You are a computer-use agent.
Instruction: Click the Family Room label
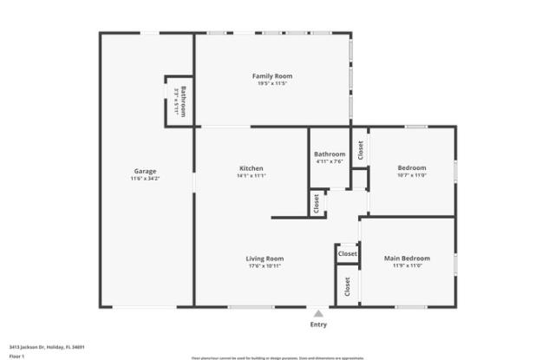click(x=271, y=75)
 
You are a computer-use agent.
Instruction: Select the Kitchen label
click(x=251, y=168)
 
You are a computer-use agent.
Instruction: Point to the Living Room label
click(x=264, y=259)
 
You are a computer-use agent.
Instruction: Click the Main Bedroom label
click(x=407, y=259)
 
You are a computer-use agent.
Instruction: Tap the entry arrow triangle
click(x=319, y=314)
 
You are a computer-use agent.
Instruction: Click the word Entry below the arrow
click(x=319, y=324)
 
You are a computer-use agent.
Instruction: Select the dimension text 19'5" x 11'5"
click(x=271, y=83)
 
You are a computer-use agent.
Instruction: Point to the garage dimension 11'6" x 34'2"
click(x=145, y=179)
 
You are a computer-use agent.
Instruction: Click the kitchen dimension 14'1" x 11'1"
click(x=251, y=176)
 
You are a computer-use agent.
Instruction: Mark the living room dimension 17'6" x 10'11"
click(x=264, y=266)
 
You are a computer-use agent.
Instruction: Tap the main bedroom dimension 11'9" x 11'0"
click(x=407, y=266)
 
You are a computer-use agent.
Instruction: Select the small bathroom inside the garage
click(x=179, y=101)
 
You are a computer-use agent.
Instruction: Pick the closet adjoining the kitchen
click(x=317, y=203)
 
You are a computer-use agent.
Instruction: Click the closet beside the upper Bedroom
click(x=360, y=149)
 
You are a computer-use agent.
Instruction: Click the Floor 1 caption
click(x=16, y=356)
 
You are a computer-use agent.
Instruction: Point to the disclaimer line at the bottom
click(x=277, y=357)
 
